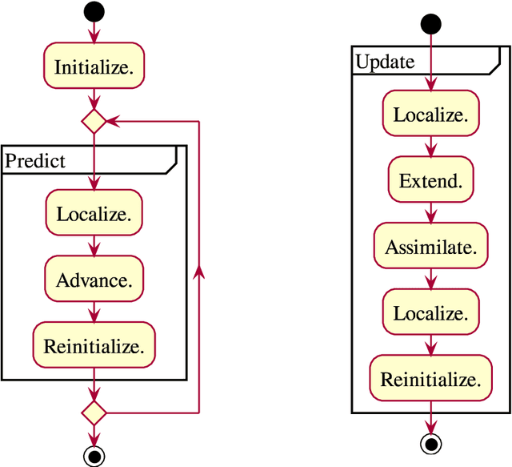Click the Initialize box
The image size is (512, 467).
94,68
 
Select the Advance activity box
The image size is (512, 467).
94,280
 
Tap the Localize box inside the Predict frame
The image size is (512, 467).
94,214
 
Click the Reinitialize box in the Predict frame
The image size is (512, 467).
94,347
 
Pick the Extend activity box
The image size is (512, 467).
431,181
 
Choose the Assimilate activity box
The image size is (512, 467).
431,248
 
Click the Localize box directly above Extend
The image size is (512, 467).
431,115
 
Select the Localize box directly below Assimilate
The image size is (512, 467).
431,313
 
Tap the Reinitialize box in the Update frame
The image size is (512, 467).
431,380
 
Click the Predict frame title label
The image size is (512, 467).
36,160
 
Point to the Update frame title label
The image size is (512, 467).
385,62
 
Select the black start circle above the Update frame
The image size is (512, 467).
431,24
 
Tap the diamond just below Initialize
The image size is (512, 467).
94,122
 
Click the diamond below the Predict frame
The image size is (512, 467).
94,413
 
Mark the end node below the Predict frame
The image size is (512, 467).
94,456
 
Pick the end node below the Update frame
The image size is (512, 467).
431,443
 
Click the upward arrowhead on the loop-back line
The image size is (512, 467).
198,272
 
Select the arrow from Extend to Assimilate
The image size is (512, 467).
431,214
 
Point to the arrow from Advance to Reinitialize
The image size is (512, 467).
94,312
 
